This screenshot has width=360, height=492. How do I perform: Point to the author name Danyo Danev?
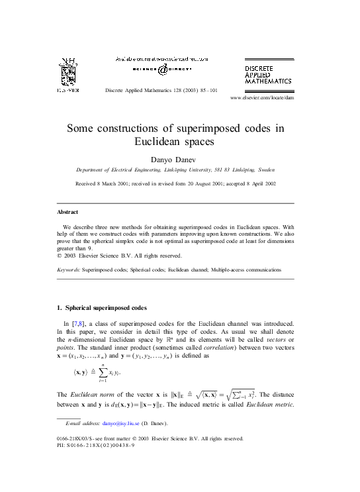[180, 159]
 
